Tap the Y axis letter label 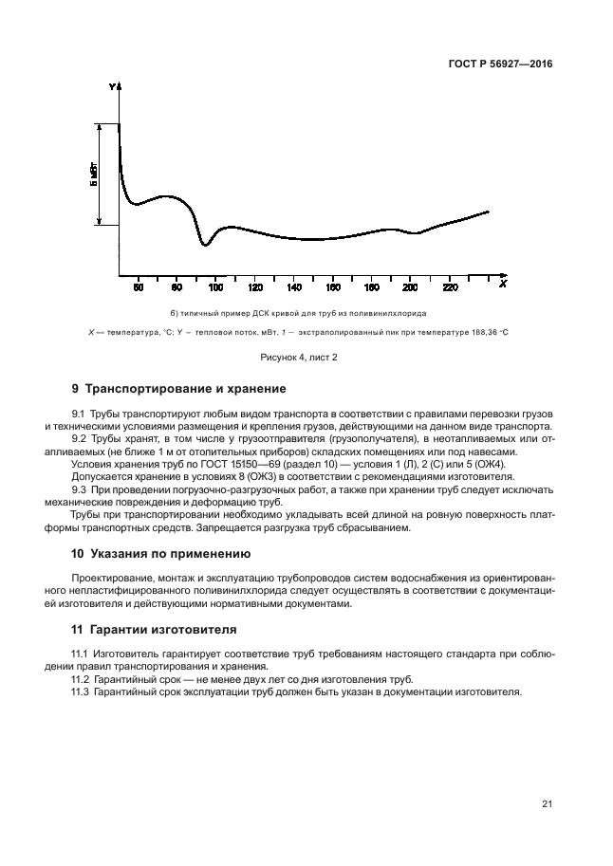tap(112, 87)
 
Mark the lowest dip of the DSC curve tap(204, 246)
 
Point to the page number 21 tap(547, 804)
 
